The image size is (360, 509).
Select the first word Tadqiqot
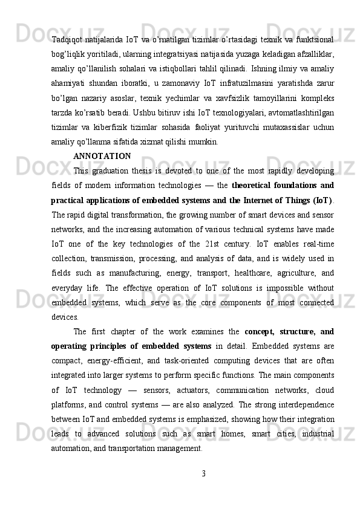click(67, 41)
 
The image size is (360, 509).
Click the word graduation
click(116, 170)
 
